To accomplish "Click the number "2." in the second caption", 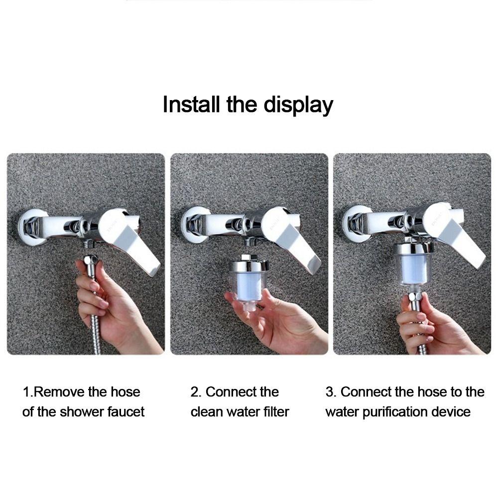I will [196, 392].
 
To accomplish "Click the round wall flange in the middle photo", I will [192, 225].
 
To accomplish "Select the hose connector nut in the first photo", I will [91, 260].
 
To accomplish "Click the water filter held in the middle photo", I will [249, 281].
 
